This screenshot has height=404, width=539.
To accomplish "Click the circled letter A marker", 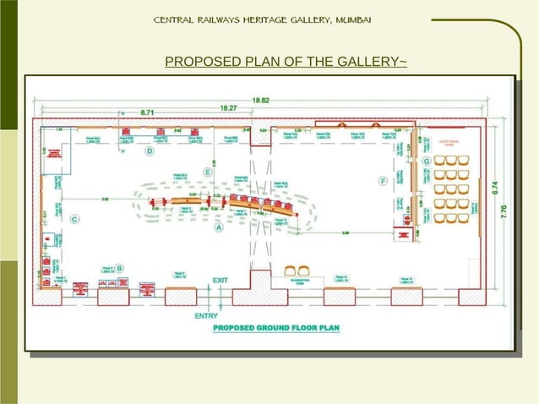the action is tap(219, 227).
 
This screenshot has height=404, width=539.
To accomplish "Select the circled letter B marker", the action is tap(120, 268).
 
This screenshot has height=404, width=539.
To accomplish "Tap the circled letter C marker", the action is tap(74, 220).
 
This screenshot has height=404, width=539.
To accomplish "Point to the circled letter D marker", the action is tap(149, 151).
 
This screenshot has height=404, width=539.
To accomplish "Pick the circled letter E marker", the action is tap(207, 172).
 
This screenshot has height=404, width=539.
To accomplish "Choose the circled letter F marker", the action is tap(383, 180).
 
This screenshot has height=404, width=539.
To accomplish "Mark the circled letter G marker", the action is tap(427, 161).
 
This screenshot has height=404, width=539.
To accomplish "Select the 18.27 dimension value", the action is tap(228, 107).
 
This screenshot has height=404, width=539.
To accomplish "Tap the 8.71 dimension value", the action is tap(147, 112).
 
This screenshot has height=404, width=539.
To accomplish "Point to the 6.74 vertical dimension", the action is tap(494, 187).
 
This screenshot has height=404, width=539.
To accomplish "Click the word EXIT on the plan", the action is tap(220, 280).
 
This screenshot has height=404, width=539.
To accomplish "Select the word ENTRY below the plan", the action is tap(207, 316).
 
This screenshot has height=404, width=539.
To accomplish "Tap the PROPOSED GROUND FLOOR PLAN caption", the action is tap(275, 327).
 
